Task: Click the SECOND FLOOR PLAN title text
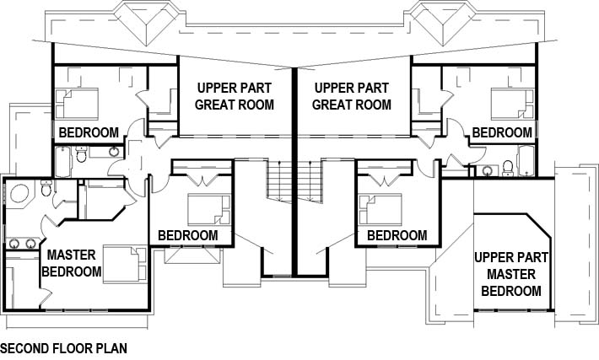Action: point(64,348)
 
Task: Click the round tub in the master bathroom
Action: point(19,193)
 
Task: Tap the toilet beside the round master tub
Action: point(46,187)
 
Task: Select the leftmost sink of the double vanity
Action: point(14,243)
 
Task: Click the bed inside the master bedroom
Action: point(125,265)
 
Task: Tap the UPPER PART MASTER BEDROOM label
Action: point(511,274)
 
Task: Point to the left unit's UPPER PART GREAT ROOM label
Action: point(235,96)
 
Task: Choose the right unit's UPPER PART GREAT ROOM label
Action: point(352,96)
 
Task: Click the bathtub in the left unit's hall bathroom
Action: point(62,162)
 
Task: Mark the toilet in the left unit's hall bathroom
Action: point(81,153)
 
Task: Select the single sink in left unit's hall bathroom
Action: point(114,152)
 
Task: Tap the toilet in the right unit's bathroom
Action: point(508,169)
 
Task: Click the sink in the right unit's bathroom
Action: point(487,170)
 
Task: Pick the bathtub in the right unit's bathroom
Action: point(526,161)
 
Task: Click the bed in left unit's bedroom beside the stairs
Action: point(209,209)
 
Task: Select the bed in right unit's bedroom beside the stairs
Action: point(380,209)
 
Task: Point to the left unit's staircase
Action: point(278,181)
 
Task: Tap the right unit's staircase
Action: point(310,181)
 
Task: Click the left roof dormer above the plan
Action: point(147,22)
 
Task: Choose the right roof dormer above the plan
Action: point(442,22)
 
